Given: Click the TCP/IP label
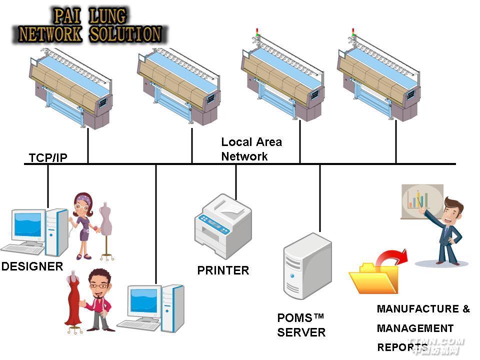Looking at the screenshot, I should pyautogui.click(x=48, y=158).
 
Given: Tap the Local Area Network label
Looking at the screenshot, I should pyautogui.click(x=251, y=149).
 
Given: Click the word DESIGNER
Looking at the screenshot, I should pyautogui.click(x=32, y=266).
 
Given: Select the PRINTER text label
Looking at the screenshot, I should pyautogui.click(x=223, y=270).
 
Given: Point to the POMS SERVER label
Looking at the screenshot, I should pyautogui.click(x=301, y=325).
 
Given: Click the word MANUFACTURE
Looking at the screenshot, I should pyautogui.click(x=418, y=309).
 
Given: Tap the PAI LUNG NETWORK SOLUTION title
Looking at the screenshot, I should pyautogui.click(x=90, y=25).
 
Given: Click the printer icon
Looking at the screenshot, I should pyautogui.click(x=223, y=225).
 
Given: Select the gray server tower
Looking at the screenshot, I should pyautogui.click(x=307, y=265).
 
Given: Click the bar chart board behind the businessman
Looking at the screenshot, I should pyautogui.click(x=421, y=200).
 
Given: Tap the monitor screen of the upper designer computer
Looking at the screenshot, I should pyautogui.click(x=27, y=224).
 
